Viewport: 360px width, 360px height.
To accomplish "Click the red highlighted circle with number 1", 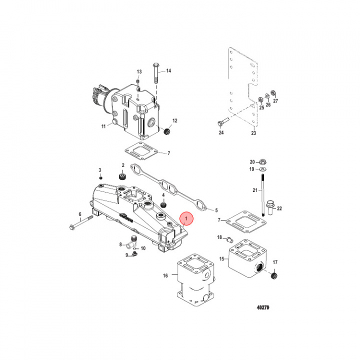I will coord(186,218).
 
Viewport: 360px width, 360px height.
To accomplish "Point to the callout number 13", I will coord(139,72).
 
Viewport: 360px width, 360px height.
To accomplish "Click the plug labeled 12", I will coord(167,132).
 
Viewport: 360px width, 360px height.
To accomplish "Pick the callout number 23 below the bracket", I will coord(253,133).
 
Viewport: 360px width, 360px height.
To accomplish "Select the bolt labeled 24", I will coord(222,121).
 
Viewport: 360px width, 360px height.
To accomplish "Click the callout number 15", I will coord(222,258).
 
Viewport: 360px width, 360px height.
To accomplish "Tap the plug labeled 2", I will coord(121,177).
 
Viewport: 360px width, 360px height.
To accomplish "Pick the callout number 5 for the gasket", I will coord(216,210).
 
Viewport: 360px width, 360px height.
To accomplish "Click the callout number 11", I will coord(103,126).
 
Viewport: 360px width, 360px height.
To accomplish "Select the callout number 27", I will coord(274,100).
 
